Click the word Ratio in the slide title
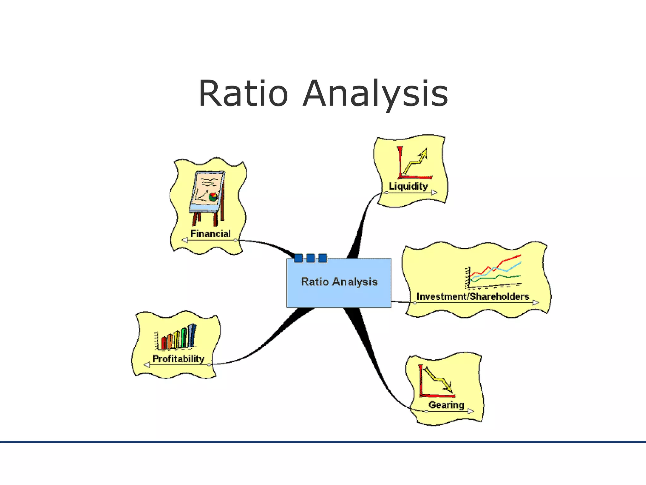click(243, 94)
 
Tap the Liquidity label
click(408, 186)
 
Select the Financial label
click(210, 234)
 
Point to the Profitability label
click(178, 359)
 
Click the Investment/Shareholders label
click(473, 296)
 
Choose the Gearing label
click(446, 405)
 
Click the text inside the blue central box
click(339, 282)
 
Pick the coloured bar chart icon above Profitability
click(176, 337)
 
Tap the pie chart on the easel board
click(213, 197)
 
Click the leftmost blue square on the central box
click(298, 258)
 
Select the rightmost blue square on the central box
click(322, 258)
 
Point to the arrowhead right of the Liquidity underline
click(434, 192)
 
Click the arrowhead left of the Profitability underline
click(147, 365)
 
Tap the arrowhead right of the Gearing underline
click(471, 411)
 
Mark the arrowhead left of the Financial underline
click(185, 240)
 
